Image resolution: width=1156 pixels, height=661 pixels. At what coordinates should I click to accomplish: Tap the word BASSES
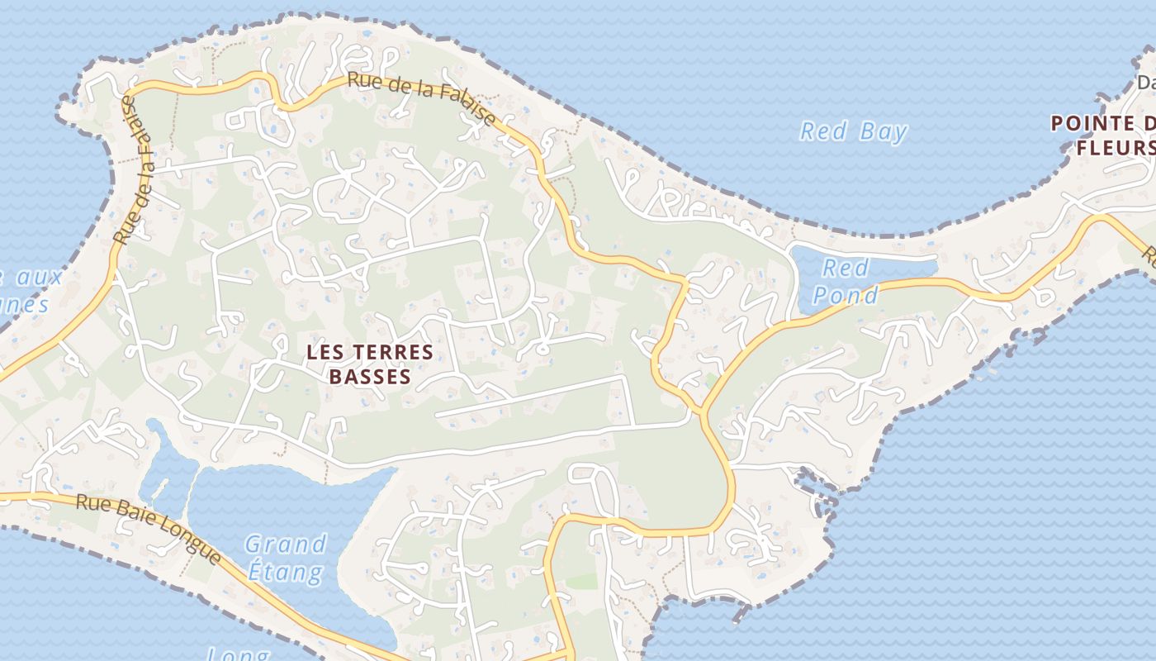[370, 377]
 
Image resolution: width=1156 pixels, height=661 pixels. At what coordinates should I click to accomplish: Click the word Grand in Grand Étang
[286, 544]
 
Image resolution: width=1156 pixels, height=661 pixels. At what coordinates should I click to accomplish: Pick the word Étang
[286, 571]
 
